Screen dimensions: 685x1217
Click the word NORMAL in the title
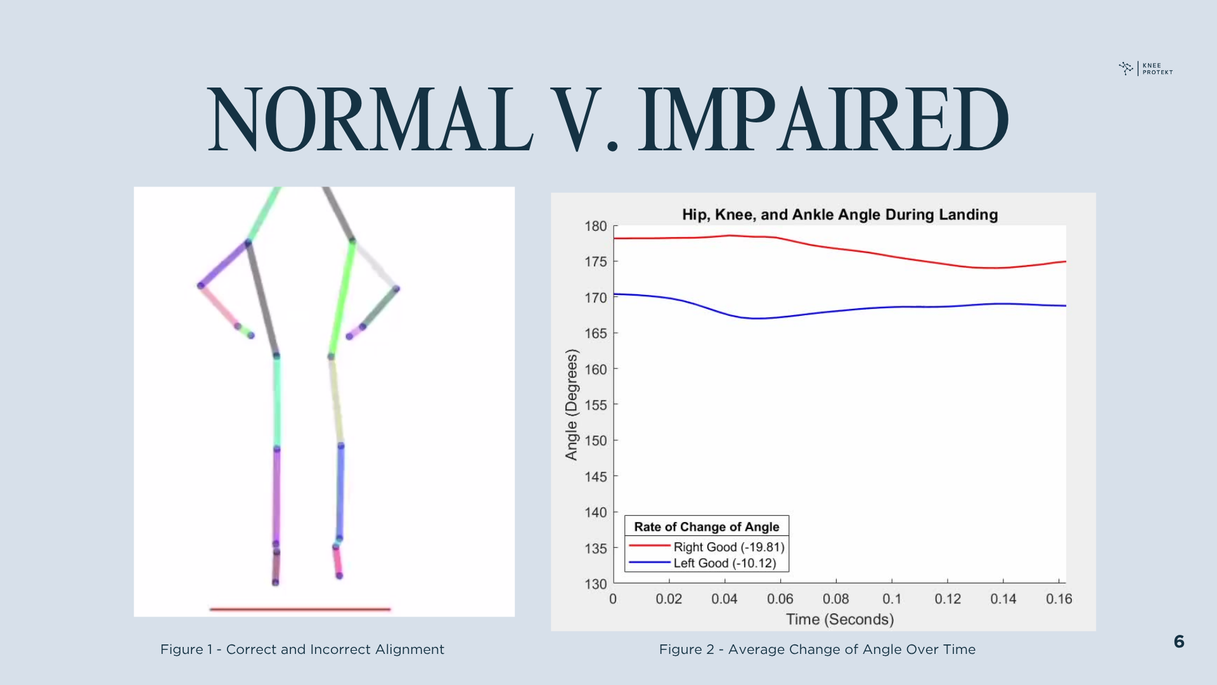tap(371, 121)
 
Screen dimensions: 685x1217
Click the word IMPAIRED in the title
tap(823, 121)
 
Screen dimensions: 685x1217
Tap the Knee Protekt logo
tap(1146, 68)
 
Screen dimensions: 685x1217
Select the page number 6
tap(1179, 642)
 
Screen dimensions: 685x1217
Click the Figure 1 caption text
tap(302, 649)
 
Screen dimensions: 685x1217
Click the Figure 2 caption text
tap(817, 649)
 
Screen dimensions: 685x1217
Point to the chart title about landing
tap(840, 214)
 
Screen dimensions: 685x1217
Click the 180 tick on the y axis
tap(596, 226)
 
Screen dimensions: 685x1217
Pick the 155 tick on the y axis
tap(596, 405)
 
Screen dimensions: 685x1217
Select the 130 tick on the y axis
tap(596, 584)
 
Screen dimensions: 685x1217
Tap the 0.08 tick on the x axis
tap(835, 599)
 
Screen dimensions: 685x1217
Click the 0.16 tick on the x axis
tap(1059, 599)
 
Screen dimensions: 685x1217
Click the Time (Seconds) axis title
tap(840, 619)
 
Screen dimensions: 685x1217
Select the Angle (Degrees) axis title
tap(572, 405)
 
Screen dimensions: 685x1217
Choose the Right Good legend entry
tap(728, 547)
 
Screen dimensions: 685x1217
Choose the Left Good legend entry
tap(724, 563)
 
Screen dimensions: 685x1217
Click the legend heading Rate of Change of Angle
tap(706, 526)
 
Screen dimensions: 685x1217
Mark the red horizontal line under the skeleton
tap(300, 610)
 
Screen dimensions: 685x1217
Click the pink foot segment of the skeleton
tap(337, 561)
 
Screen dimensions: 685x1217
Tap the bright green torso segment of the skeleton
tap(342, 298)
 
